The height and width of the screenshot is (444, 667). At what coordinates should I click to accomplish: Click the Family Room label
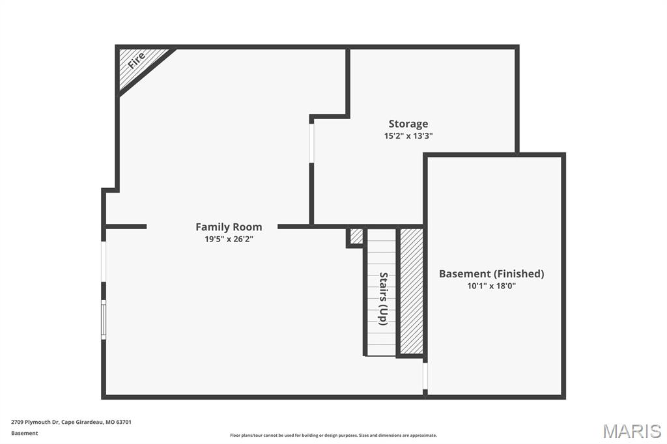[229, 227]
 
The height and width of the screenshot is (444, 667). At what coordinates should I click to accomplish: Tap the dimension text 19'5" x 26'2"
[229, 239]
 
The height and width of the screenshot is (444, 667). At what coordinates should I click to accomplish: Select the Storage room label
[408, 124]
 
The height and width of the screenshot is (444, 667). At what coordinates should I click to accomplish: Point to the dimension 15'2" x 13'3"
[408, 136]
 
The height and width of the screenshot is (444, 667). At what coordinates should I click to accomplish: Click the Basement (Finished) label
[491, 273]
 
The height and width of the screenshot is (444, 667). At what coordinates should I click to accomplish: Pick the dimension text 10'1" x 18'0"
[491, 286]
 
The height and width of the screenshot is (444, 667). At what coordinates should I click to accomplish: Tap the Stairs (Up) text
[383, 298]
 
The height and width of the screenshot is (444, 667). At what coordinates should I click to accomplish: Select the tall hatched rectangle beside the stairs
[411, 290]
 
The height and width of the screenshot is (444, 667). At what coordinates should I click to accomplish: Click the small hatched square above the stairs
[356, 236]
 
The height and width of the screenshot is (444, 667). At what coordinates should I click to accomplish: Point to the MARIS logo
[632, 431]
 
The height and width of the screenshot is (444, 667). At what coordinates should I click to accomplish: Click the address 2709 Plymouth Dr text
[71, 422]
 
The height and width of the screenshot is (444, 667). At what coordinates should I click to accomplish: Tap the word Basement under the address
[25, 433]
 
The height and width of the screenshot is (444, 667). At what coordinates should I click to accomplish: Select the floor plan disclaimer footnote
[333, 436]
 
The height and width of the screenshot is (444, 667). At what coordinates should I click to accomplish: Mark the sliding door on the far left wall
[104, 319]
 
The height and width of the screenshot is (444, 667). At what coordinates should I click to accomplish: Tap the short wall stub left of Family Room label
[126, 227]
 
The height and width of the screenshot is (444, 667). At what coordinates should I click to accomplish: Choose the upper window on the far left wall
[104, 261]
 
